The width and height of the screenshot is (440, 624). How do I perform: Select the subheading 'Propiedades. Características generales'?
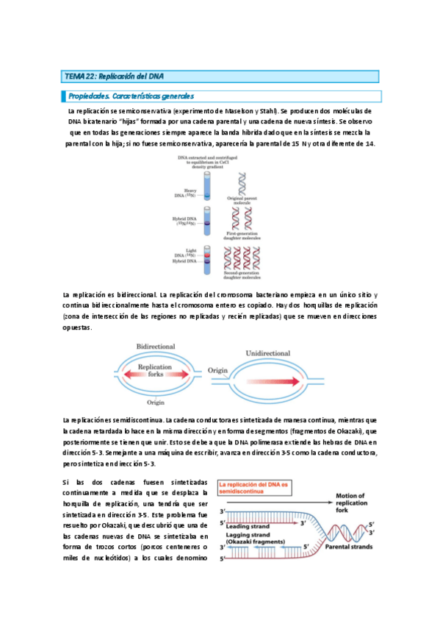pyautogui.click(x=131, y=96)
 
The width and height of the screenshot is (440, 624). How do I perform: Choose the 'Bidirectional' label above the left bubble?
pyautogui.click(x=155, y=346)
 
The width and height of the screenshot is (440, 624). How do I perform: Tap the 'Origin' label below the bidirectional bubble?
pyautogui.click(x=155, y=403)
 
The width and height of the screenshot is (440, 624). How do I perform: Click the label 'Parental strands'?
pyautogui.click(x=343, y=547)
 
